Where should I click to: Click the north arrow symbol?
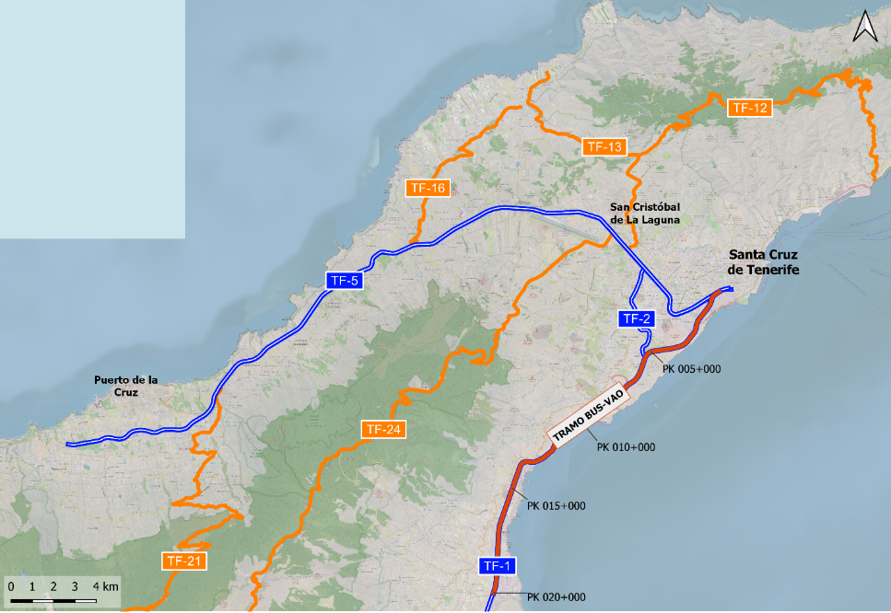[x=864, y=27]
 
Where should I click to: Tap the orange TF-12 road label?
[x=748, y=108]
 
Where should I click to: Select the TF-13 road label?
[x=604, y=146]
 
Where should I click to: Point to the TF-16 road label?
[x=428, y=188]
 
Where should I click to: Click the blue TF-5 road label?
[x=343, y=281]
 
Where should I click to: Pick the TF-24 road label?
[x=383, y=429]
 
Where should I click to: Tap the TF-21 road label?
[x=183, y=561]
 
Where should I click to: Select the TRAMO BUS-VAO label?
[x=587, y=416]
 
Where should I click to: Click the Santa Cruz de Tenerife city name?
[x=763, y=262]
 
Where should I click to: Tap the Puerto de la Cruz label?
[x=126, y=386]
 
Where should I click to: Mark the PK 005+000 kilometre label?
[x=691, y=367]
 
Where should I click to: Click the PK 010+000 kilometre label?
[x=625, y=447]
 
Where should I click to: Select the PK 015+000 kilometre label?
[x=557, y=505]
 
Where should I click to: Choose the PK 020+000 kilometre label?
[x=557, y=596]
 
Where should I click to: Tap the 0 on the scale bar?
[x=11, y=586]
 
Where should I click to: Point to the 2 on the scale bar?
[x=53, y=586]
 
